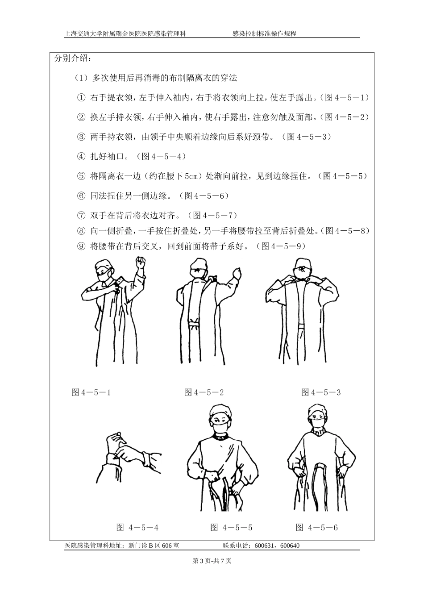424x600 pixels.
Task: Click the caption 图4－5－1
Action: pos(91,392)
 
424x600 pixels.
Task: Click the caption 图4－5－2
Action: pos(204,392)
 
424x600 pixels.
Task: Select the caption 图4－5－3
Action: pos(321,392)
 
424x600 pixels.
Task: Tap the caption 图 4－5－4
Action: pos(137,528)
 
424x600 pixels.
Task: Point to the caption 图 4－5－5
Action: pos(231,528)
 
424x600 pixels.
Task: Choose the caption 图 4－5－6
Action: pos(317,528)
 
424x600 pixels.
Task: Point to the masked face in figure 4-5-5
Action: pos(222,422)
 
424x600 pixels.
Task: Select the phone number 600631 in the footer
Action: pos(264,546)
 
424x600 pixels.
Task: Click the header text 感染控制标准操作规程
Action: pos(264,33)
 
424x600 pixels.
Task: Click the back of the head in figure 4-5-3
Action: pos(302,267)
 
